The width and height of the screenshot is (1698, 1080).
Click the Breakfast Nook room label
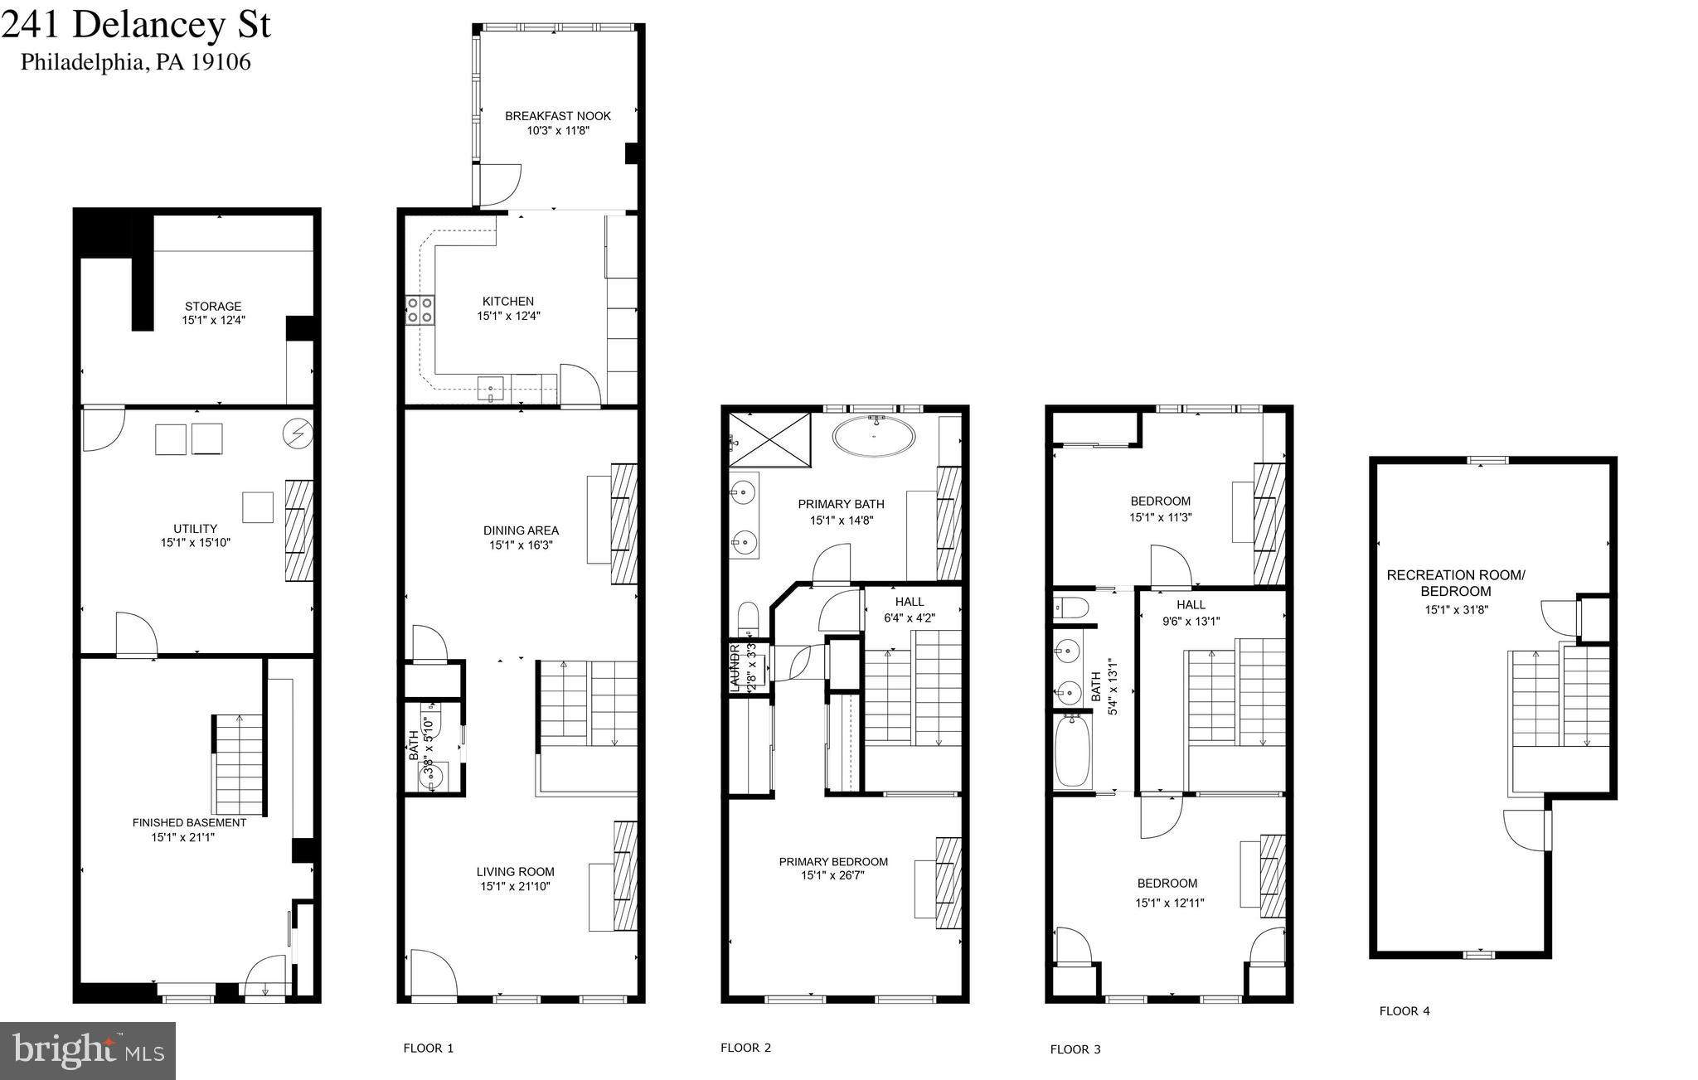[557, 116]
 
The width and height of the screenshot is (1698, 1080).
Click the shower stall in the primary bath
[770, 440]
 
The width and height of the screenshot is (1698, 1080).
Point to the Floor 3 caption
[1075, 1049]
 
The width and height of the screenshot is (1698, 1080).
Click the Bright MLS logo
[88, 1050]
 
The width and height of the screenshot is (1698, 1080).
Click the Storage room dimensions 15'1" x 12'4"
[214, 320]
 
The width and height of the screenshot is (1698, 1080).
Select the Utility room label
[196, 529]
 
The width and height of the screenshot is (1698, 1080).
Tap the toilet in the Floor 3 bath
[1067, 608]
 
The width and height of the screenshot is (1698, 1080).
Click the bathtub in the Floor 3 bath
[1072, 751]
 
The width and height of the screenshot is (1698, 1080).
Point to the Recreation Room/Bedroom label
[1455, 583]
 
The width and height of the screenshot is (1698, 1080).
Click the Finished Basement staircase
[239, 764]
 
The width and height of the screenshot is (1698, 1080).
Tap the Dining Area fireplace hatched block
[624, 524]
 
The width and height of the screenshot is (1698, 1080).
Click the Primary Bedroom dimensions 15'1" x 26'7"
[833, 875]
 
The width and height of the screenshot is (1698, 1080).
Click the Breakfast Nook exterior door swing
[499, 185]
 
